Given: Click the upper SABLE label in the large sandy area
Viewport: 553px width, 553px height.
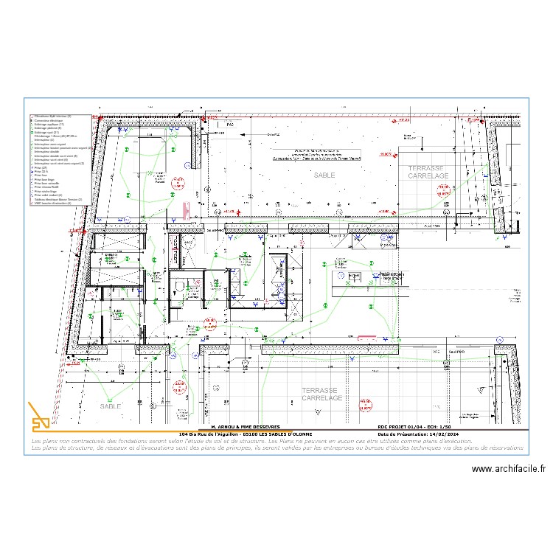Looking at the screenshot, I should tap(324, 175).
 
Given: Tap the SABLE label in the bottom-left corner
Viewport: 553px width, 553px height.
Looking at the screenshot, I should tap(111, 406).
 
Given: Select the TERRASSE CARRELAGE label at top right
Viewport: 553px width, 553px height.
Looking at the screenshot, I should tap(428, 173).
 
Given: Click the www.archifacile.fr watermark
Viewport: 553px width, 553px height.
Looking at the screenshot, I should tap(508, 468).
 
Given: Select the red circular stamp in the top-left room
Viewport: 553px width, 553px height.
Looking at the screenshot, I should tap(177, 184).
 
